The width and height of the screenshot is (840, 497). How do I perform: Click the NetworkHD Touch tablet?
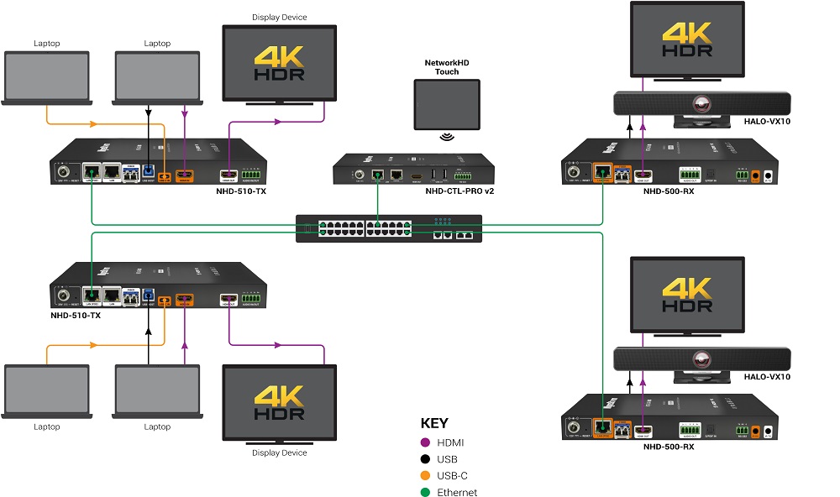click(x=447, y=104)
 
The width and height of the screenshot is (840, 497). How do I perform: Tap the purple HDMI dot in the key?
click(x=426, y=442)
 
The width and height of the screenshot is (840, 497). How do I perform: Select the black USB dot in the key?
click(x=426, y=459)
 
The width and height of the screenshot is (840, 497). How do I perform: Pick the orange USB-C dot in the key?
click(x=426, y=476)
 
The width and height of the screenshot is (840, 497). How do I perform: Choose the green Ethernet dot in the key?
click(x=426, y=493)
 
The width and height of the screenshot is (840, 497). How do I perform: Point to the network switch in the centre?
click(x=389, y=229)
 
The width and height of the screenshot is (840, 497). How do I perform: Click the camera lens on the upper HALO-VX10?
click(x=702, y=104)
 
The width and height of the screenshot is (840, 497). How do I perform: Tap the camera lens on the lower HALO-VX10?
click(x=702, y=359)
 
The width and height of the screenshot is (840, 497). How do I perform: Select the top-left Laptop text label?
click(x=47, y=44)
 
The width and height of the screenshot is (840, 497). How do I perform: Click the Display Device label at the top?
click(x=280, y=17)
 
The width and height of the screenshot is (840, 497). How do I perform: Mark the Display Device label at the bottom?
click(x=280, y=453)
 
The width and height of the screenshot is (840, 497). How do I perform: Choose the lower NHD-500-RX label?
click(x=669, y=447)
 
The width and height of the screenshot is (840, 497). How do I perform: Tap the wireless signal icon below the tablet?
click(x=447, y=138)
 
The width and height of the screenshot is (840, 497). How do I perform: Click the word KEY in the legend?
click(x=434, y=423)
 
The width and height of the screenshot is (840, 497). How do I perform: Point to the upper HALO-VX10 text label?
click(x=767, y=122)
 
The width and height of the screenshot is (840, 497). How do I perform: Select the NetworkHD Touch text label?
click(x=447, y=66)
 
